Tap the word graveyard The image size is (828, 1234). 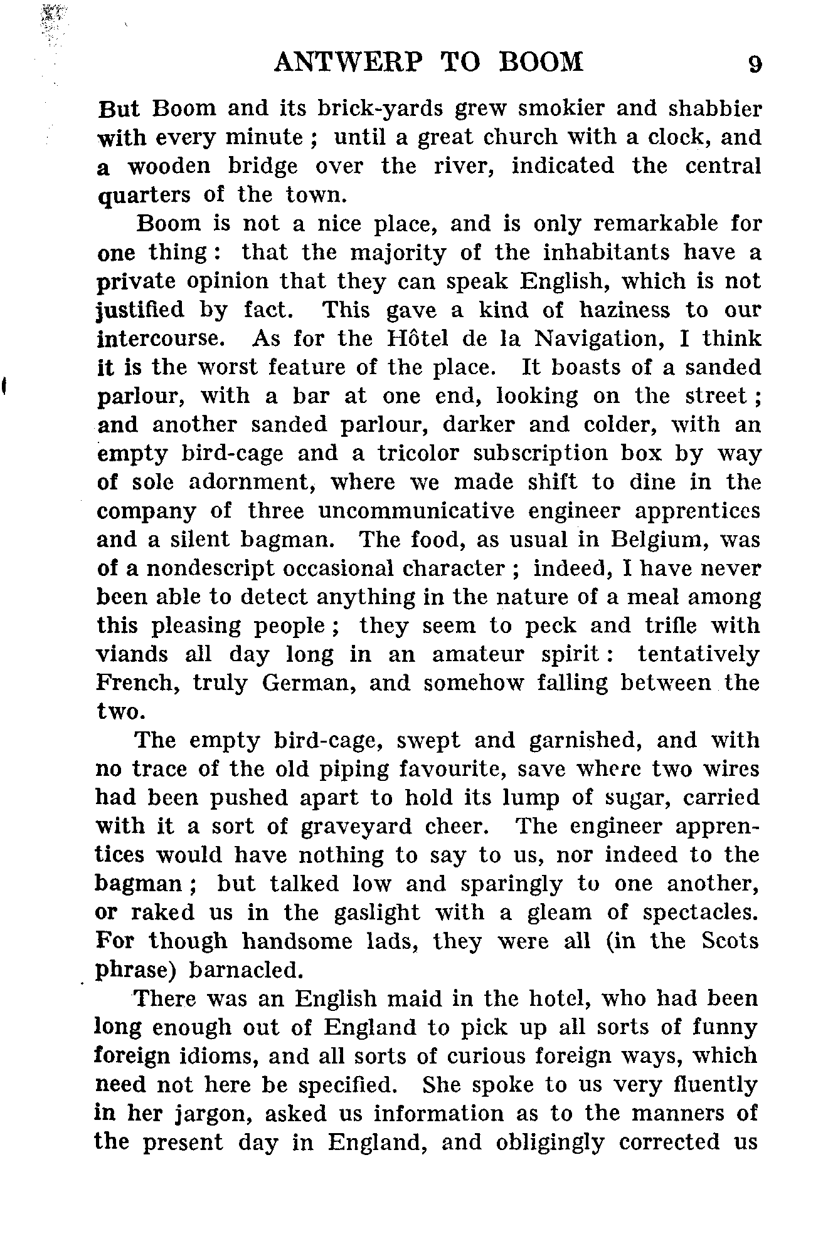356,827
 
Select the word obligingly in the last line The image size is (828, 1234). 550,1142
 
